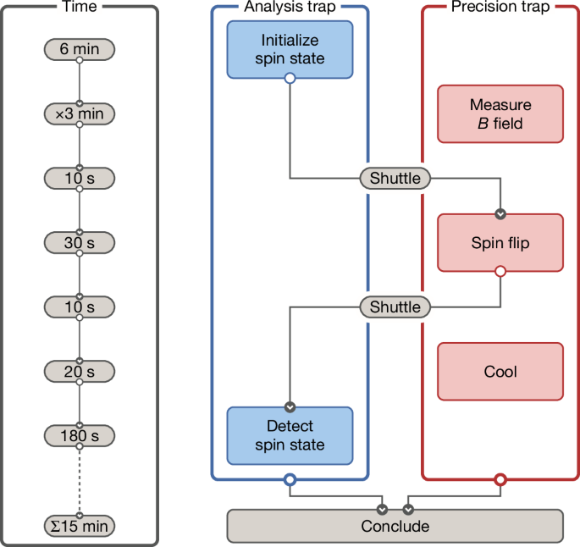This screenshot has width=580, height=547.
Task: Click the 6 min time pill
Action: tap(79, 50)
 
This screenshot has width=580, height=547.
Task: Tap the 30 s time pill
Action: tap(79, 243)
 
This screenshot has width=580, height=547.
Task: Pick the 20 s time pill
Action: tap(79, 372)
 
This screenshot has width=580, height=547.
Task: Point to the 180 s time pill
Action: tap(79, 436)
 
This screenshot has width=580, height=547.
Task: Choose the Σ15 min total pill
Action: tap(79, 527)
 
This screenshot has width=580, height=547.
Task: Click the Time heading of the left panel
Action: tap(79, 7)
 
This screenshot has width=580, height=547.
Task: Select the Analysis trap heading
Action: tap(289, 7)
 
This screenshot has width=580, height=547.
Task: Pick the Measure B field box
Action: tap(500, 113)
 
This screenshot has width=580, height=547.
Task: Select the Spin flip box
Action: tap(500, 243)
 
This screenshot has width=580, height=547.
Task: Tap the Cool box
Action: tap(500, 371)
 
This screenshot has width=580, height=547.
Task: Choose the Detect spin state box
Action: tap(289, 435)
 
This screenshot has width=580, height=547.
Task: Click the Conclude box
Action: tap(395, 526)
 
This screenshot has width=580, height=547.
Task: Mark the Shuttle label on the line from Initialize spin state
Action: tap(395, 179)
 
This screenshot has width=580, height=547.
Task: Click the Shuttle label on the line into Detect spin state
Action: tap(395, 307)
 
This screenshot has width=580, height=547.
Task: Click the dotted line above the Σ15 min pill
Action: tap(79, 479)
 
